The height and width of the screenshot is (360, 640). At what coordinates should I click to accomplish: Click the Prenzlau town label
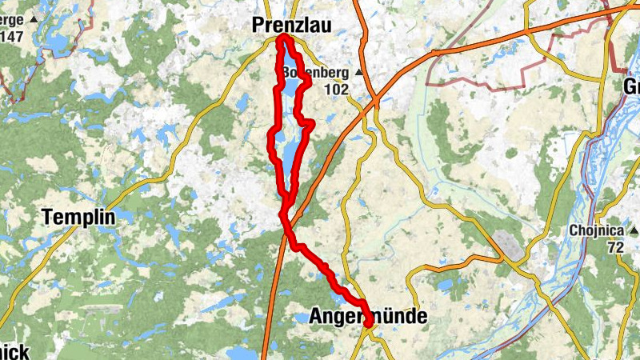[x=291, y=26]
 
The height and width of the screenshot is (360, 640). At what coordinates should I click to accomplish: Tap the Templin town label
[x=78, y=217]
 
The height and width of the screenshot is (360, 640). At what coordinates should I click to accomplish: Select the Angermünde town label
[x=367, y=317]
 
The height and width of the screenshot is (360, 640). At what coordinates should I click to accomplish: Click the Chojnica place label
[x=596, y=230]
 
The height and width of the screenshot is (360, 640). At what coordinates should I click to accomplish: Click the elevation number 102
[x=336, y=90]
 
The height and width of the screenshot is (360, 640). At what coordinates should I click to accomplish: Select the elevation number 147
[x=11, y=37]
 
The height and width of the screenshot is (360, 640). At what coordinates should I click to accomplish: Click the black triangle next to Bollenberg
[x=358, y=73]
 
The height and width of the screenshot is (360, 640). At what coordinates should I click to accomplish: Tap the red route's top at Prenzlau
[x=283, y=37]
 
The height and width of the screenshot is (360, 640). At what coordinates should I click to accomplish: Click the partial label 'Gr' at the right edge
[x=631, y=86]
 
